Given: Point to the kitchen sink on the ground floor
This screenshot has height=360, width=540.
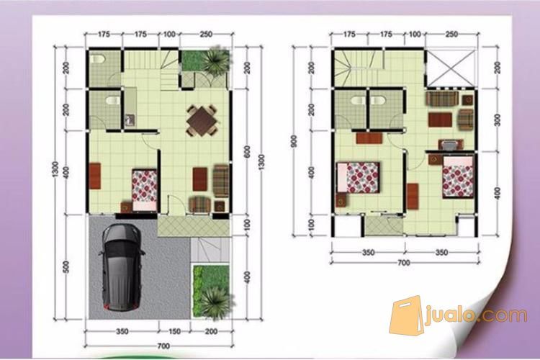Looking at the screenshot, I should click(130, 119).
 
